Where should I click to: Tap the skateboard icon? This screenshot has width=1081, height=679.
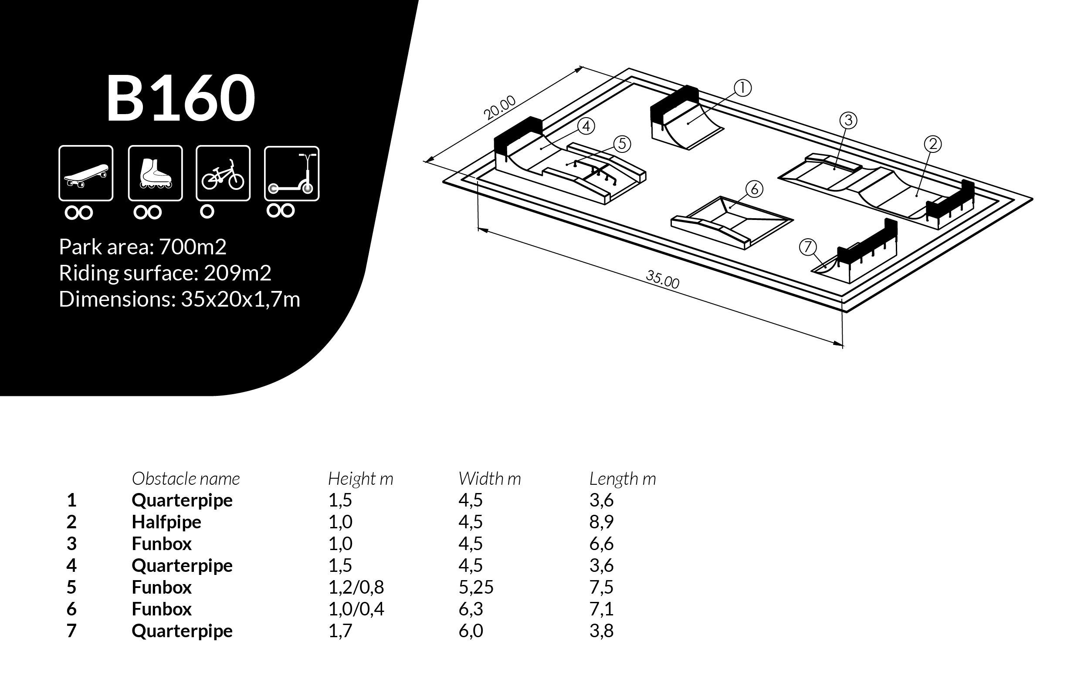86,173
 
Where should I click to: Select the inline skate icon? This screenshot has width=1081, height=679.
155,173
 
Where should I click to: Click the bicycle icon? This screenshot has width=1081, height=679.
223,173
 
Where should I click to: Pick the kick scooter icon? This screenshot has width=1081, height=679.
292,174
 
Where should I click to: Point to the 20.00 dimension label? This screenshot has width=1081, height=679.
500,108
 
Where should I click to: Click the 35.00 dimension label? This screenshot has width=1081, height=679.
662,279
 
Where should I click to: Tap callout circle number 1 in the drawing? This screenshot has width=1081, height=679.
742,88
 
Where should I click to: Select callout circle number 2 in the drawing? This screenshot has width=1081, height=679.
933,144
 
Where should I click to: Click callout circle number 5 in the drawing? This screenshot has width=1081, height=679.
622,144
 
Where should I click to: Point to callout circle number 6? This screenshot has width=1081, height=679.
755,189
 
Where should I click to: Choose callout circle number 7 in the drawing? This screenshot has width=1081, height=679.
808,247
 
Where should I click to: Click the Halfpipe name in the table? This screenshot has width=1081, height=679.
166,522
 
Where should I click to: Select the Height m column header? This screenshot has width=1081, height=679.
360,479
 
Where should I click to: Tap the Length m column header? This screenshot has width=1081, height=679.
623,479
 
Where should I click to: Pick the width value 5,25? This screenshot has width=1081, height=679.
476,587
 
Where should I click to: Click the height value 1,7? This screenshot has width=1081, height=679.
340,631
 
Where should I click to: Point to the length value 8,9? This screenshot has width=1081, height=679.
602,522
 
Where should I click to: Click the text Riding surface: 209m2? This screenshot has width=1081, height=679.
165,273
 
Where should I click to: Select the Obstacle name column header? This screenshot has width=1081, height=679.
186,479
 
